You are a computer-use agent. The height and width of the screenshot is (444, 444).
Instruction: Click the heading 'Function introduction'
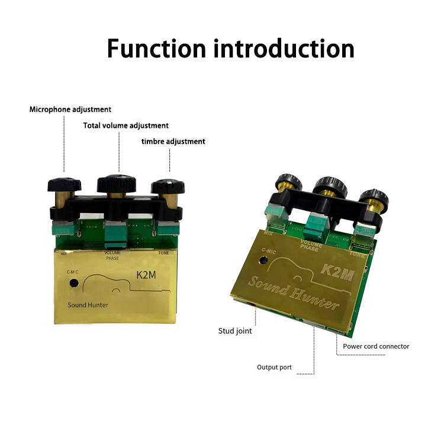(x=230, y=49)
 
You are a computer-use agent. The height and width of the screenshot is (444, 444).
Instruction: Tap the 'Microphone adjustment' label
(x=70, y=110)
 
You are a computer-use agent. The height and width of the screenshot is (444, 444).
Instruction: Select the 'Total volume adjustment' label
(x=126, y=126)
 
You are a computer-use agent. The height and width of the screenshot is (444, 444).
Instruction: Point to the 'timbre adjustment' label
(x=173, y=141)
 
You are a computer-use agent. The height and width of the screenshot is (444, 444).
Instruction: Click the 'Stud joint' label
(x=235, y=331)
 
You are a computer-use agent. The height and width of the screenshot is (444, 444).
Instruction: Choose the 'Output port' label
(x=274, y=367)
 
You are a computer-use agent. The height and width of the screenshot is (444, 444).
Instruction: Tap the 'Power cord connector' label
(x=376, y=346)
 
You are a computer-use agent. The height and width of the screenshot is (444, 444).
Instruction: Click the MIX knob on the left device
(x=64, y=183)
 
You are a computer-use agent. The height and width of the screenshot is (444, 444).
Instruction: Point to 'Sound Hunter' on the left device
(x=88, y=305)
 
